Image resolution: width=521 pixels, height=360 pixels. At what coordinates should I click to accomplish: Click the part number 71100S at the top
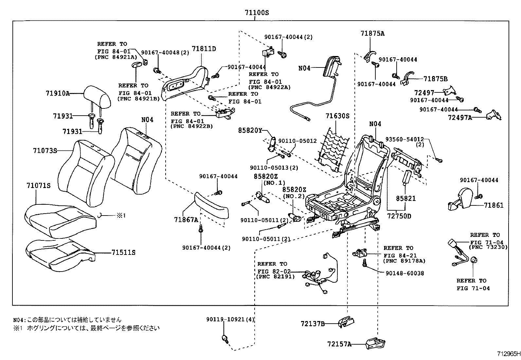257,13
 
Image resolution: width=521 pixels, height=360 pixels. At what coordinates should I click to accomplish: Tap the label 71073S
45,151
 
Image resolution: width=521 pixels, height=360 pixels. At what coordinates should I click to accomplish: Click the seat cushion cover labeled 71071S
61,219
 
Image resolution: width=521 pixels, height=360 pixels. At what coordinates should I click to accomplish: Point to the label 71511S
123,253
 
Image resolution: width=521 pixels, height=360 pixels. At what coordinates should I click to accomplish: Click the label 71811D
204,49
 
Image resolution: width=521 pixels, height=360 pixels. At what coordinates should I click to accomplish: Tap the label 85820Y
250,131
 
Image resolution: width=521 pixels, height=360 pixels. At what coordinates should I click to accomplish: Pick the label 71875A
372,33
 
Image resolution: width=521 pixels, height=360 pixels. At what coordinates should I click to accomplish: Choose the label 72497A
459,118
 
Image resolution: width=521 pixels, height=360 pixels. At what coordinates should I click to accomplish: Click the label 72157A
339,344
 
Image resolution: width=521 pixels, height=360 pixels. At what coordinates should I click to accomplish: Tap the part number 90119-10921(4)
230,319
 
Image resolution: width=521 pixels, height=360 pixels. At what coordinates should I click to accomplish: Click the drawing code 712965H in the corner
507,354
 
